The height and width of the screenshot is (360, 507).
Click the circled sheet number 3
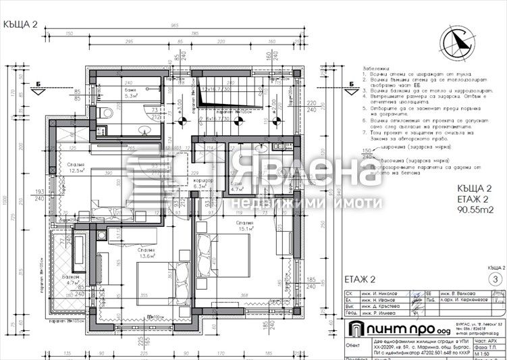coord(497,278)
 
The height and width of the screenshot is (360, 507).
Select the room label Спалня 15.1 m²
coord(244,225)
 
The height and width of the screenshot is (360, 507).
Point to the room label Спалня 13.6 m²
coord(146,253)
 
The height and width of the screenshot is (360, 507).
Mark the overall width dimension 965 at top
coord(174,25)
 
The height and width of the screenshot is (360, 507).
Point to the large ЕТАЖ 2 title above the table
coord(360,278)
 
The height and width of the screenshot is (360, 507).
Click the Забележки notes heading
coord(375,68)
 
